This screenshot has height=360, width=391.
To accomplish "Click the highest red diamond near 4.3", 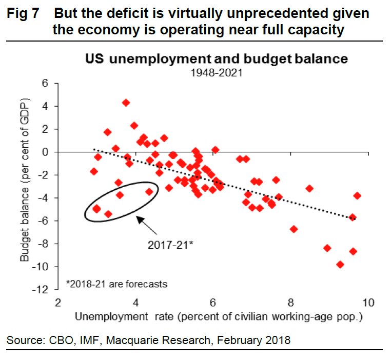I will click(126, 103).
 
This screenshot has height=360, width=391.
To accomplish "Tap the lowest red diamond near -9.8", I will click(340, 265).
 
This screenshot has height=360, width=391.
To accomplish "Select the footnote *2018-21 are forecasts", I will click(116, 283).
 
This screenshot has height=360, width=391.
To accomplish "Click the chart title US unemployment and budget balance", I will click(216, 59).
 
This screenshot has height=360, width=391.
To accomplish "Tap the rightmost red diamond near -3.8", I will click(357, 195).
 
